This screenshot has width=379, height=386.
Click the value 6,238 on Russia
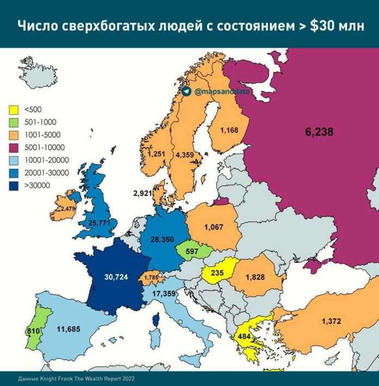pos(319,131)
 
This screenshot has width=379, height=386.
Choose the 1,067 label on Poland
pos(213,226)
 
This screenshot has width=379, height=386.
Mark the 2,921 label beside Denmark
pos(143,194)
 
